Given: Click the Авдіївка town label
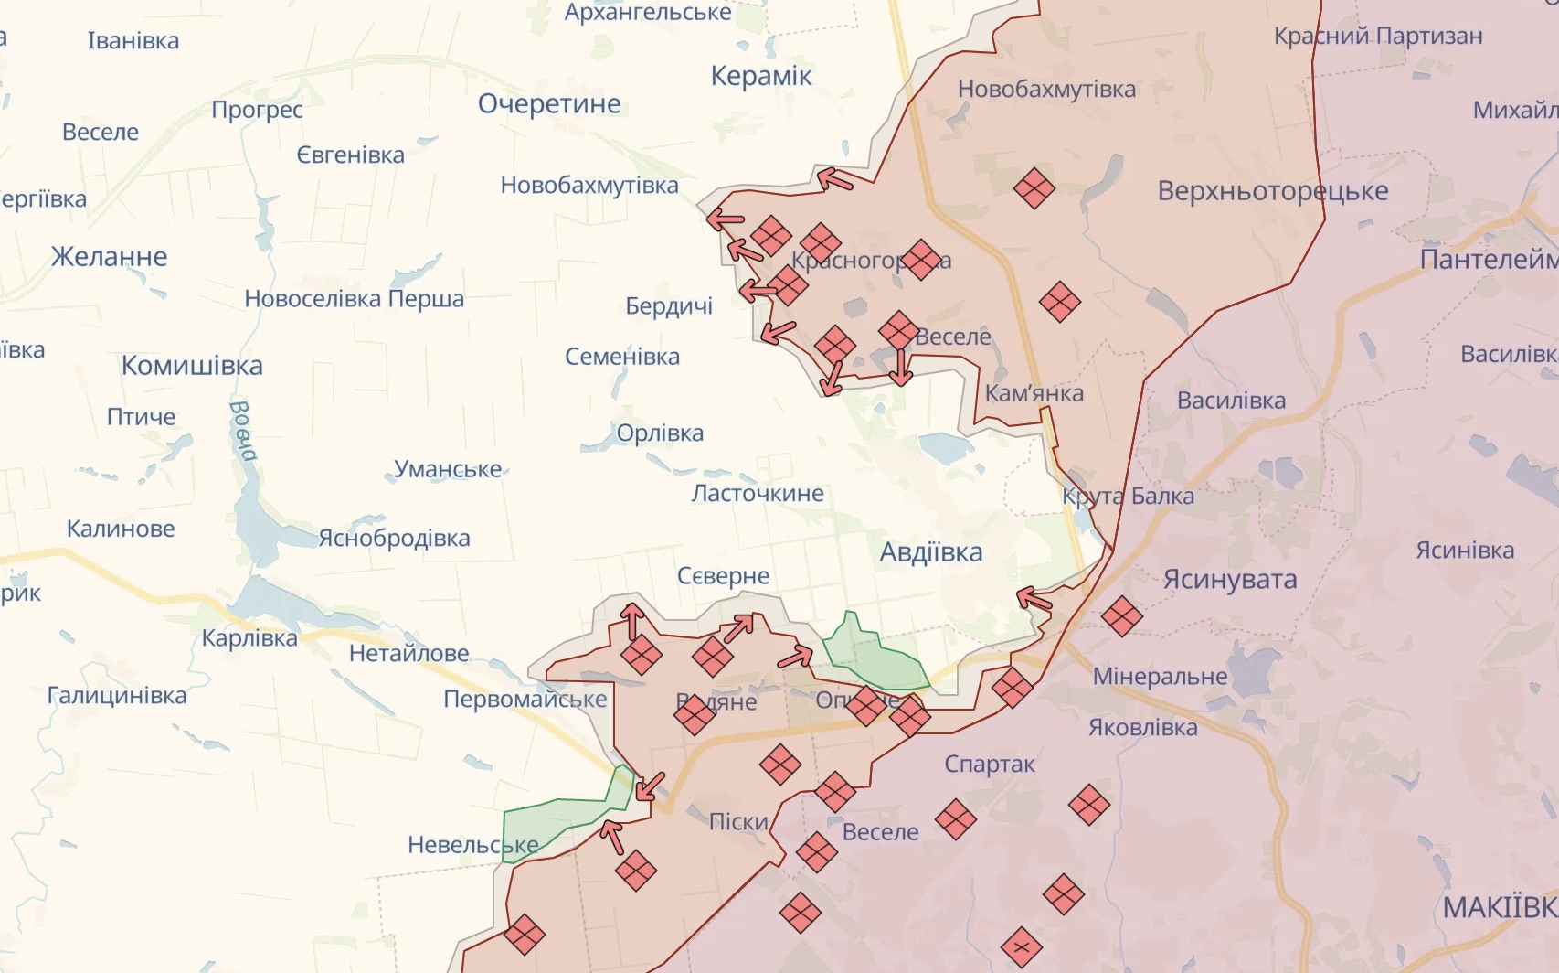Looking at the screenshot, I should pyautogui.click(x=930, y=552).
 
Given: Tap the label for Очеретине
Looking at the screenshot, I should pyautogui.click(x=549, y=104).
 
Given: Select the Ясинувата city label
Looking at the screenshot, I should pyautogui.click(x=1229, y=580).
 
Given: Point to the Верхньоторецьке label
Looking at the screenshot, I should pyautogui.click(x=1272, y=191).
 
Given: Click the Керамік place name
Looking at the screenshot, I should pyautogui.click(x=761, y=76).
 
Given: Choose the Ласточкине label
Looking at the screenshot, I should pyautogui.click(x=758, y=494).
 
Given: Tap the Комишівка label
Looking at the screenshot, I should pyautogui.click(x=192, y=366).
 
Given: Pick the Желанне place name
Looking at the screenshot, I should pyautogui.click(x=109, y=257).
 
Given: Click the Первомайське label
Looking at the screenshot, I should pyautogui.click(x=525, y=700).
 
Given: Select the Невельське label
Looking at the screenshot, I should pyautogui.click(x=472, y=845).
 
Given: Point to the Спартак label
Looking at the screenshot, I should pyautogui.click(x=990, y=764).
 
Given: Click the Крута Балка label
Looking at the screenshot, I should pyautogui.click(x=1128, y=497).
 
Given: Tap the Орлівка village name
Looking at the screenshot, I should pyautogui.click(x=660, y=433).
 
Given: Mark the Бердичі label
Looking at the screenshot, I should pyautogui.click(x=669, y=306).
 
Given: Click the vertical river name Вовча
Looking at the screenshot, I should pyautogui.click(x=242, y=430).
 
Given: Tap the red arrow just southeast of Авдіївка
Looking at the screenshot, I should pyautogui.click(x=1034, y=600).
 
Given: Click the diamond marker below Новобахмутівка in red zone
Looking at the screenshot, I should pyautogui.click(x=1034, y=188).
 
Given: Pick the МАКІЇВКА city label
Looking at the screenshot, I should pyautogui.click(x=1500, y=907).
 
